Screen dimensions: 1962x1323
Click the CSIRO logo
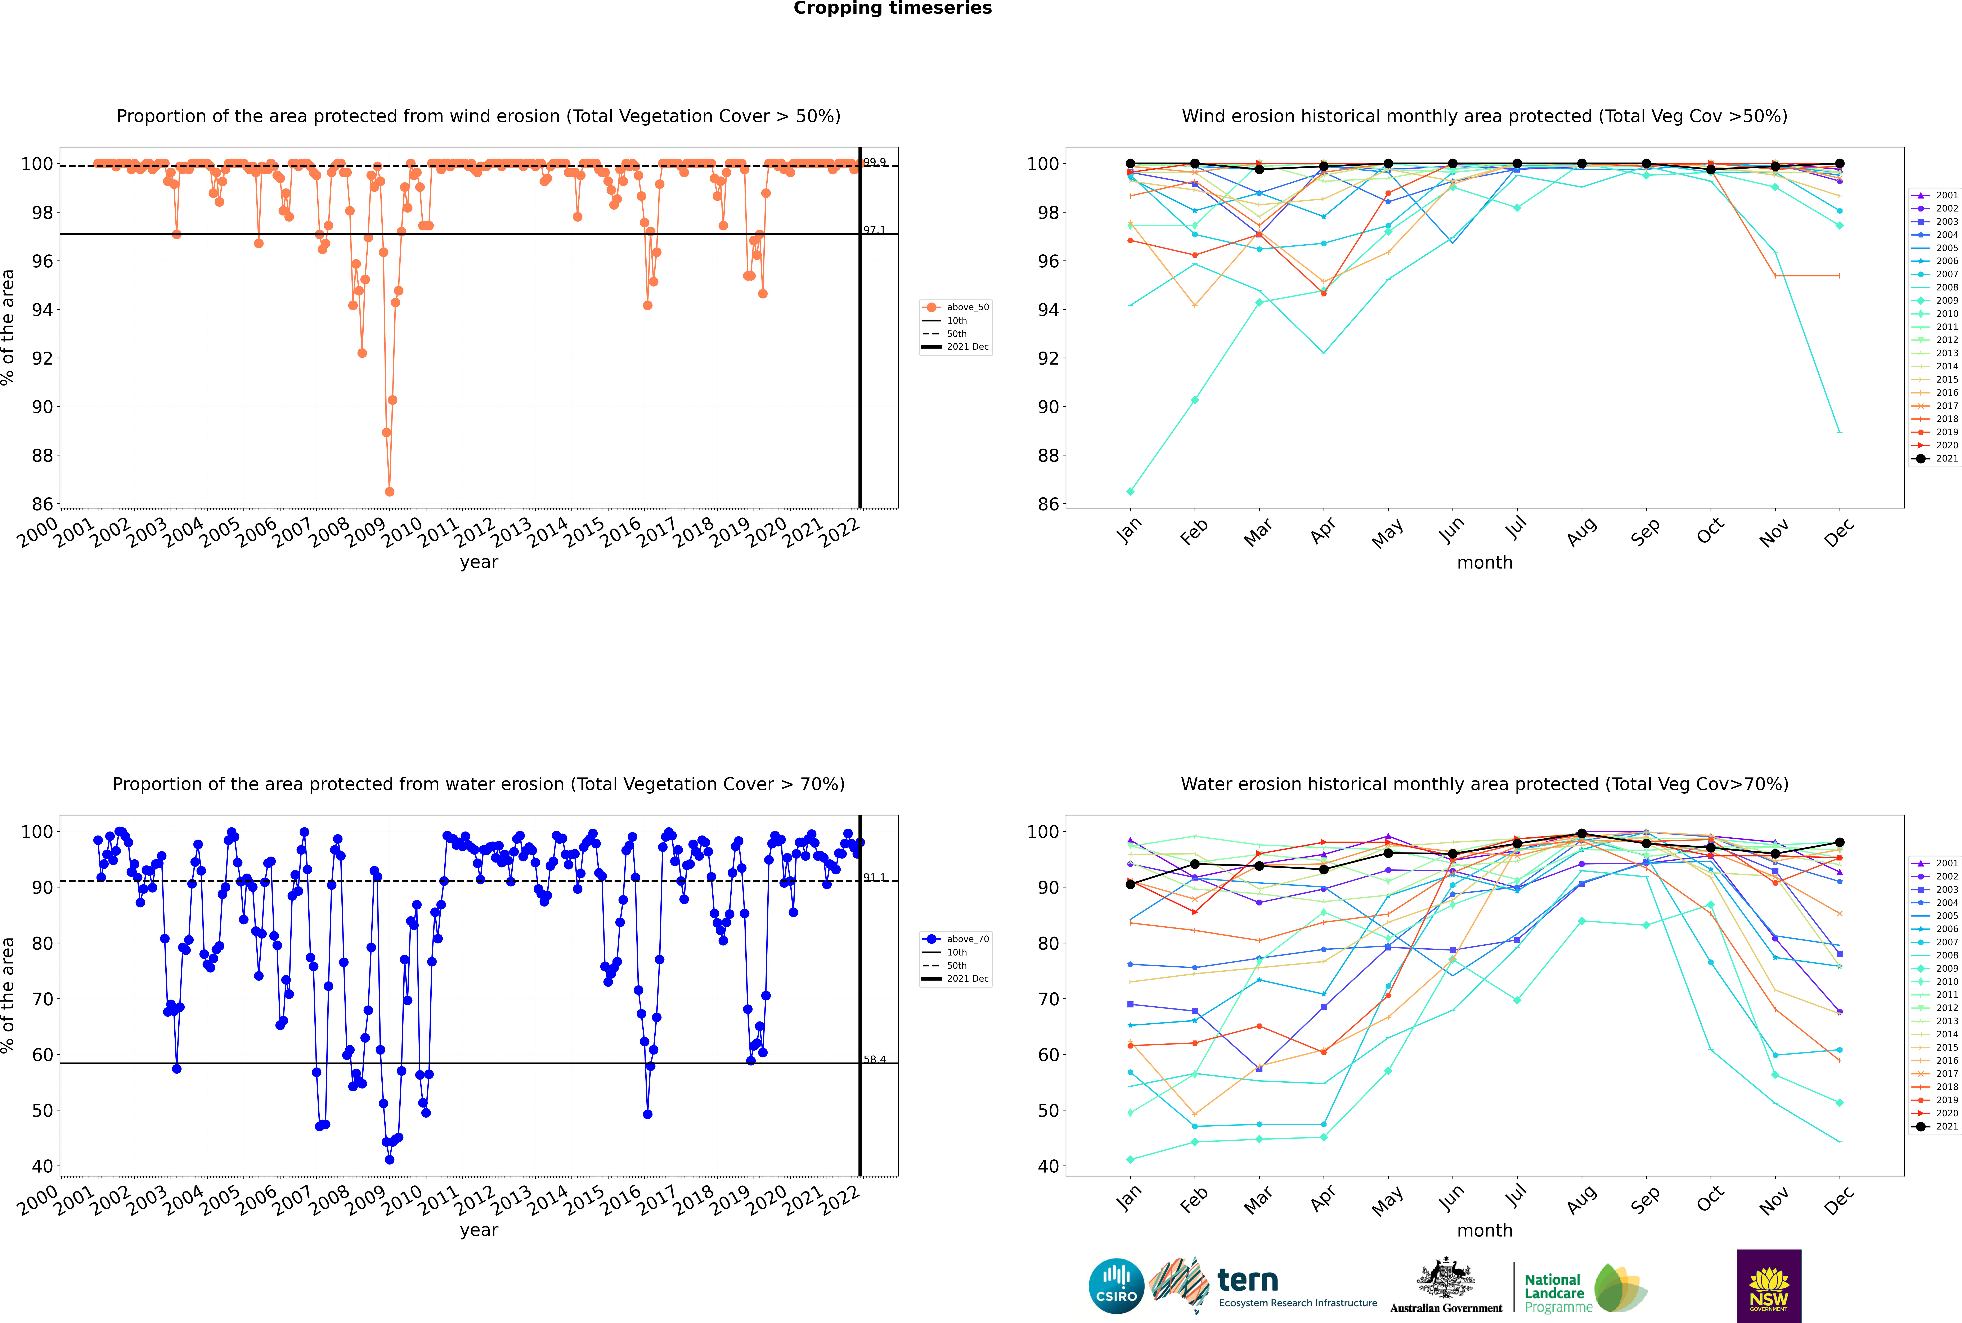click(1116, 1286)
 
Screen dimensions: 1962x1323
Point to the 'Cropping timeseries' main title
click(892, 8)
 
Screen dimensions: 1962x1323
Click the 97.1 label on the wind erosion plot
click(874, 230)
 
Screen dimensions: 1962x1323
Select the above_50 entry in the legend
click(956, 307)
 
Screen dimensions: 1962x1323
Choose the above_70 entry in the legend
click(956, 939)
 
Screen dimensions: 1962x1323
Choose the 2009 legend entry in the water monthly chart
click(1934, 969)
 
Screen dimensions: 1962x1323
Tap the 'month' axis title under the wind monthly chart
click(1485, 563)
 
